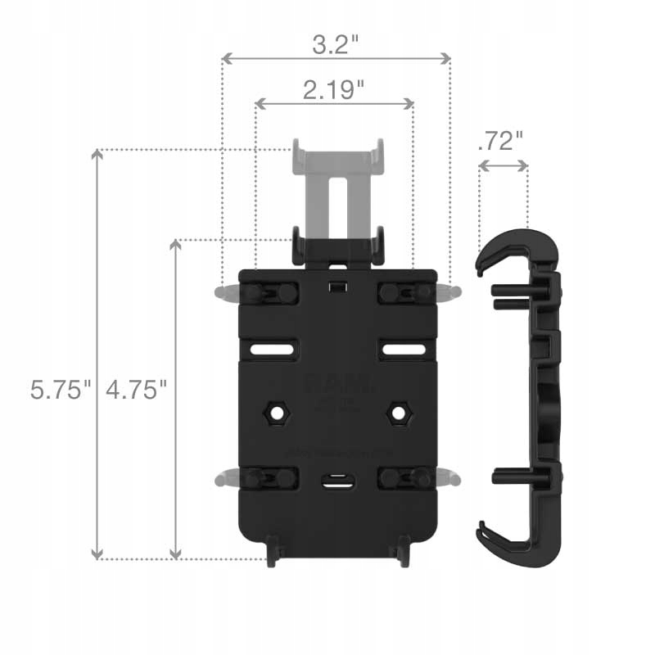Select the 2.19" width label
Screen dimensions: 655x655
334,89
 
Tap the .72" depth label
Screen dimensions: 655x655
499,141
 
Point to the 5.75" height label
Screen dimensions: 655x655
57,390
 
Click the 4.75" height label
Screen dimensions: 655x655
137,390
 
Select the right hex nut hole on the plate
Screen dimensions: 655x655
400,413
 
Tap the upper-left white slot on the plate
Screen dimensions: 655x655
273,350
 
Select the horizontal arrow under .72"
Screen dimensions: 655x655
503,165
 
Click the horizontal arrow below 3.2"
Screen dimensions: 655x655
337,58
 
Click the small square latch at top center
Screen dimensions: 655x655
335,287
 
